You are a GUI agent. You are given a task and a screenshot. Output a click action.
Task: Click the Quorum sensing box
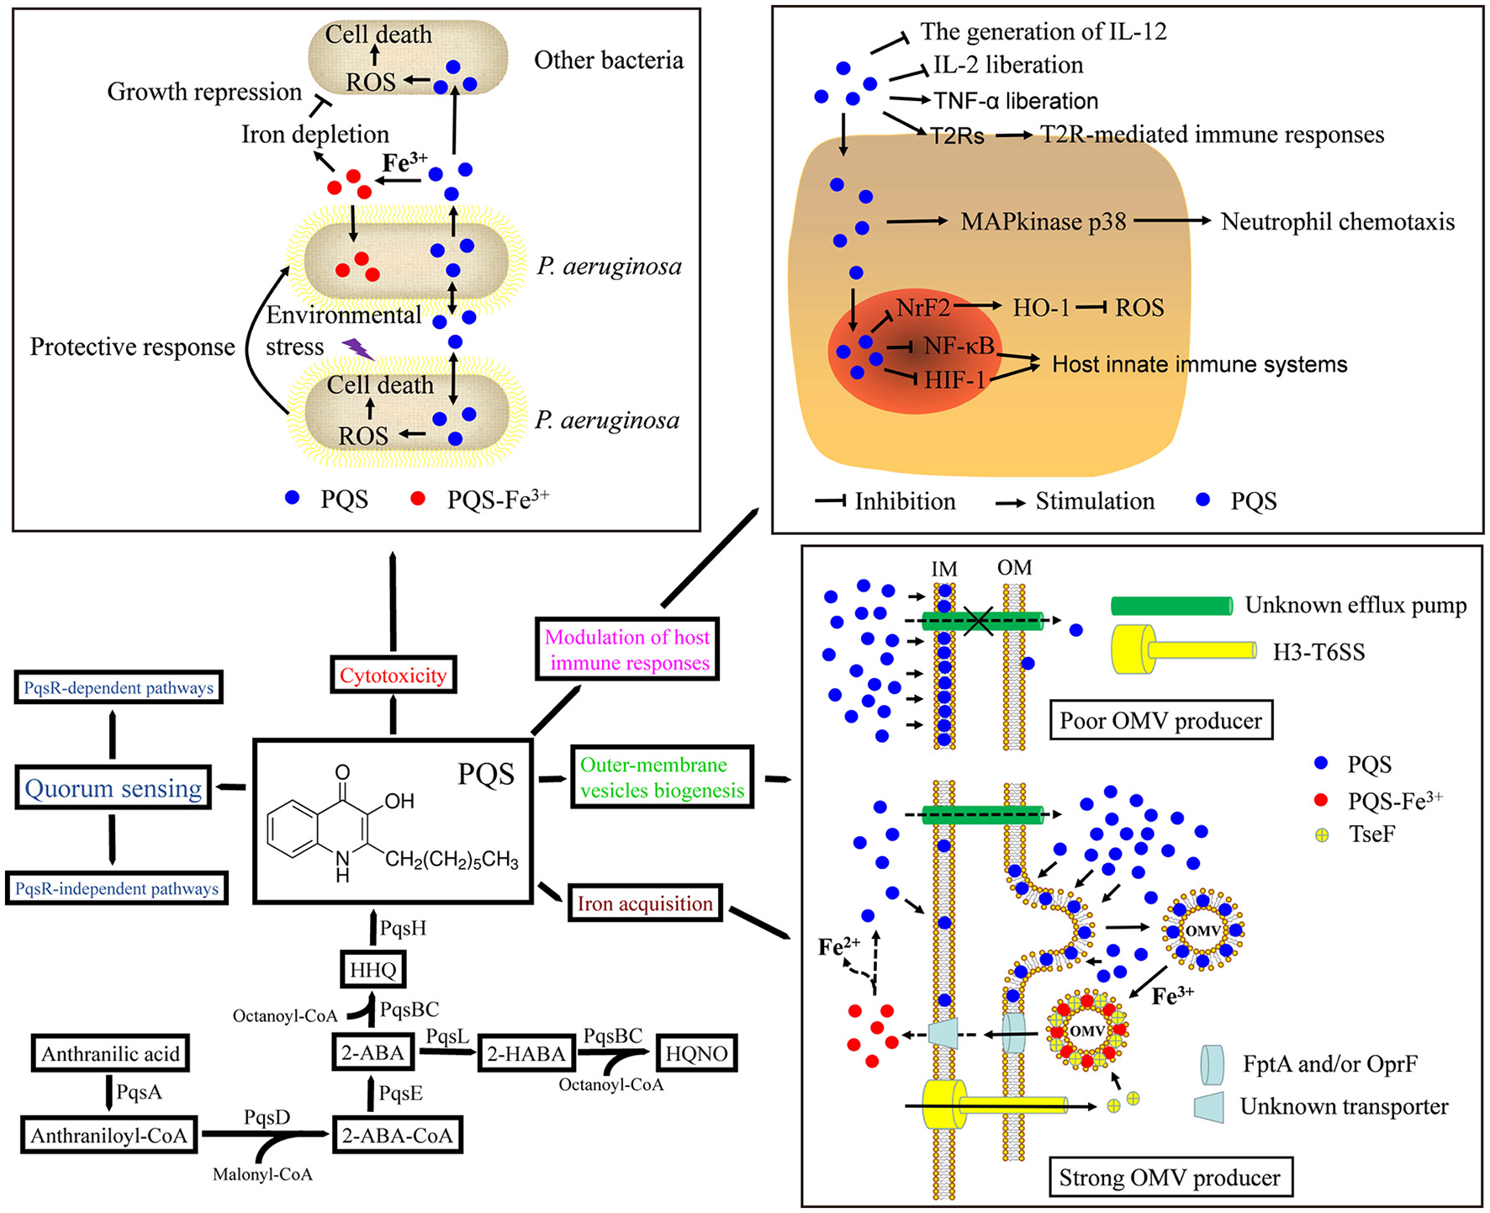[x=114, y=788]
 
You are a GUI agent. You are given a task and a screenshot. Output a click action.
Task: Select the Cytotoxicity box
[x=393, y=675]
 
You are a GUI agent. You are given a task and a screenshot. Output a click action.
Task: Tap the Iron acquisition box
[x=645, y=903]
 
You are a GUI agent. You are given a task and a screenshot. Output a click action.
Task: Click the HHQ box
[x=372, y=970]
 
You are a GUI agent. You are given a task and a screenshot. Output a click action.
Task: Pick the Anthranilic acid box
[x=110, y=1054]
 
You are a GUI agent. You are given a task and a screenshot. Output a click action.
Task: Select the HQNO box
[x=696, y=1053]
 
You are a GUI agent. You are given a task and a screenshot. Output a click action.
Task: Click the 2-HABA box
[x=526, y=1054]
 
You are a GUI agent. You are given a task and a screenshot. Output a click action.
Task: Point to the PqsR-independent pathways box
[x=117, y=888]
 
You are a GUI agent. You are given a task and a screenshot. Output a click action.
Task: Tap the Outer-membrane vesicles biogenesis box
[x=663, y=777]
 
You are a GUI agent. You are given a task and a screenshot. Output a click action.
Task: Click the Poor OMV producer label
[x=1160, y=721]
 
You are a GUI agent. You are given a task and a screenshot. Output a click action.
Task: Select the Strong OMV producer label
[x=1170, y=1178]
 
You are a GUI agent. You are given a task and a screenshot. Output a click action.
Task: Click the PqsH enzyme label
[x=403, y=929]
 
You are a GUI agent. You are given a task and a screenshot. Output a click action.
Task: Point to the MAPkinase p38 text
[x=1043, y=222]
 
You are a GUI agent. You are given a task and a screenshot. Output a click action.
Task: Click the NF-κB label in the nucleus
[x=959, y=346]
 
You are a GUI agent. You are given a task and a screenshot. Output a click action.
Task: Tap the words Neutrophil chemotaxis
[x=1337, y=222]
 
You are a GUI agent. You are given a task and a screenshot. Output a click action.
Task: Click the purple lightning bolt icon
[x=357, y=348]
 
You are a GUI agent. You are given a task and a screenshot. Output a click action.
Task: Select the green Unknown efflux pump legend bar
[x=1171, y=606]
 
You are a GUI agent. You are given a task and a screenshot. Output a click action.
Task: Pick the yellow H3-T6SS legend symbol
[x=1182, y=650]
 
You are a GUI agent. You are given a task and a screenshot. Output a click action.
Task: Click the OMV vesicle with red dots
[x=1086, y=1030]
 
